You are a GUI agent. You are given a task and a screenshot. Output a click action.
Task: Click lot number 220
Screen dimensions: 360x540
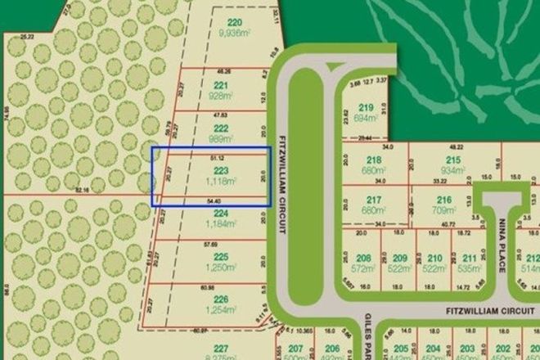coord(212,22)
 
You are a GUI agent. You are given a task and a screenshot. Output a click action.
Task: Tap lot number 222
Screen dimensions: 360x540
coord(220,128)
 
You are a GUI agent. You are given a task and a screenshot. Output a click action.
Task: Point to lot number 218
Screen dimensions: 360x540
coord(374,160)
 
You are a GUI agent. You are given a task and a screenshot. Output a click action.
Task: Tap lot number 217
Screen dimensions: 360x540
coord(374,200)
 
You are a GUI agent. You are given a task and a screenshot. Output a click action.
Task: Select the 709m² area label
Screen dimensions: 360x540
coord(444,209)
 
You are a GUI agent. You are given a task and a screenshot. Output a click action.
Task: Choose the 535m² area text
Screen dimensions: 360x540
coord(470,267)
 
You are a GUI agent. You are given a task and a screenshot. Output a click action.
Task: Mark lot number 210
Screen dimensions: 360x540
coord(434,258)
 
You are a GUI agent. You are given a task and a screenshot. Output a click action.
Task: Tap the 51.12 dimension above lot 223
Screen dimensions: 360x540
coord(217,155)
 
